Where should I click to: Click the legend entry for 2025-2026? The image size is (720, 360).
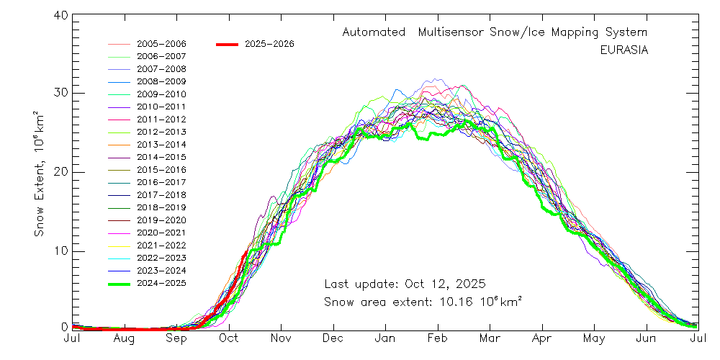pos(269,44)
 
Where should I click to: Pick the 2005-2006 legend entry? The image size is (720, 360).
pos(161,44)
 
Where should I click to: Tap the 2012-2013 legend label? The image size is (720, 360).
pos(161,132)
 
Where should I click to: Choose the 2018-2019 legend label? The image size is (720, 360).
pos(161,207)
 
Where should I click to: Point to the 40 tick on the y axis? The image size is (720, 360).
pos(60,17)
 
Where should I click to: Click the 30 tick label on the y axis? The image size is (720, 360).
pos(60,94)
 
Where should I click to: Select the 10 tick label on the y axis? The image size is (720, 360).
pos(60,251)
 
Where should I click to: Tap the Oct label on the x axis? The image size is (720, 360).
pos(229,338)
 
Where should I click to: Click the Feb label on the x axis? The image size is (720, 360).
pos(438,338)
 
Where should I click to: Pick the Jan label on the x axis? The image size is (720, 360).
pos(385,338)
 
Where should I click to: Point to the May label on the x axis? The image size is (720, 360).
pos(594,338)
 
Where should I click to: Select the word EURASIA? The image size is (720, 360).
pos(624,50)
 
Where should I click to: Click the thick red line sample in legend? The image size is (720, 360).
pos(227,44)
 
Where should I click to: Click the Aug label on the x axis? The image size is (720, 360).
pos(124,338)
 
